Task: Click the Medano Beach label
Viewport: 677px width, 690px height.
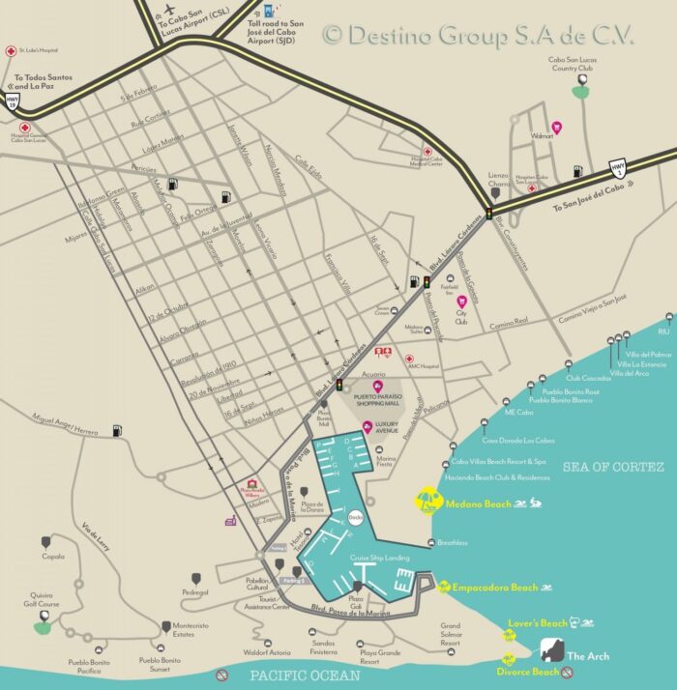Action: click(478, 503)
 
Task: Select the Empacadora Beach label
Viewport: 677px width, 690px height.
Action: click(495, 588)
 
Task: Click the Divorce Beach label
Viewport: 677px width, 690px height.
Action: click(527, 672)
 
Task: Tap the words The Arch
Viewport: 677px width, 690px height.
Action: click(588, 657)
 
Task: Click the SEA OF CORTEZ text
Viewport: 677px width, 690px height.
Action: click(613, 467)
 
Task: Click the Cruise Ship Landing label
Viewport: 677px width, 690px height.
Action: click(379, 559)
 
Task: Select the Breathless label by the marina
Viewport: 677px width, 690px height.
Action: click(452, 543)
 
